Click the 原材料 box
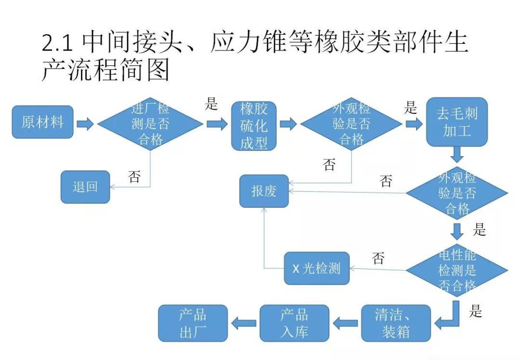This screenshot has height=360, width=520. (x=42, y=122)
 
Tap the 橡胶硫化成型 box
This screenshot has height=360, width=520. (x=254, y=125)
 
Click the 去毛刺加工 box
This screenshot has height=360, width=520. (x=457, y=122)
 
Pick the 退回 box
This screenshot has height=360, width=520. (x=85, y=187)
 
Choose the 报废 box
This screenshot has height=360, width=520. (x=264, y=191)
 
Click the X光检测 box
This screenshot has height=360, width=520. (x=316, y=268)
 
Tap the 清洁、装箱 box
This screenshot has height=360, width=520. (x=396, y=323)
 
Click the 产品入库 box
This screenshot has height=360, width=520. (x=294, y=323)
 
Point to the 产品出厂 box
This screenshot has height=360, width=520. (x=193, y=323)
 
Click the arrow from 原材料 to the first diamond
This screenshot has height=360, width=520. (x=85, y=124)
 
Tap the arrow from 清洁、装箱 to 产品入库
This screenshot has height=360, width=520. (x=345, y=323)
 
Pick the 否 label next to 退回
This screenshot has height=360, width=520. (x=134, y=177)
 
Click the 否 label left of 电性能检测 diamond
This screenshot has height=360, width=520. (x=378, y=259)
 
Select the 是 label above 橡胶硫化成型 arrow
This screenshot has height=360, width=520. (x=211, y=104)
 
